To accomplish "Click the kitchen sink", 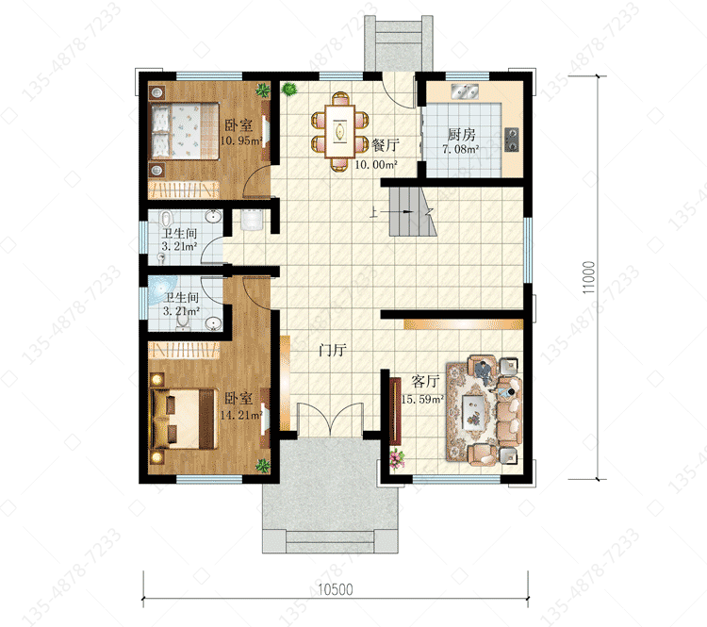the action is pyautogui.click(x=464, y=91).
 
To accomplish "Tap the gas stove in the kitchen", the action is pyautogui.click(x=511, y=140).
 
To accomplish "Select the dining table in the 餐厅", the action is pyautogui.click(x=340, y=131).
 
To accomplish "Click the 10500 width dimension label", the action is pyautogui.click(x=336, y=589).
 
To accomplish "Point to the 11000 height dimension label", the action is pyautogui.click(x=588, y=277).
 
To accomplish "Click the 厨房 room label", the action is pyautogui.click(x=461, y=134).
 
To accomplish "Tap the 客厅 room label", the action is pyautogui.click(x=425, y=382).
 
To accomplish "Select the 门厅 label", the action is pyautogui.click(x=333, y=350).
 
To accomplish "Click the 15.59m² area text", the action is pyautogui.click(x=422, y=399).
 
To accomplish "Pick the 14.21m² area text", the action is pyautogui.click(x=241, y=415).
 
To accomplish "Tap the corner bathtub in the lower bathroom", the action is pyautogui.click(x=159, y=289).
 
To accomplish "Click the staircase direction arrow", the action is pyautogui.click(x=391, y=211).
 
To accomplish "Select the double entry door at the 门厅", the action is pyautogui.click(x=330, y=420).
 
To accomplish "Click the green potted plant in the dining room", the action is pyautogui.click(x=289, y=89).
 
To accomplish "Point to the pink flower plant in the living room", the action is pyautogui.click(x=396, y=458).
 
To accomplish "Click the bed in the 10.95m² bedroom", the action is pyautogui.click(x=185, y=131).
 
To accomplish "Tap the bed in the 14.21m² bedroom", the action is pyautogui.click(x=184, y=419).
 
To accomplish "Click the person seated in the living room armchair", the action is pyautogui.click(x=484, y=371).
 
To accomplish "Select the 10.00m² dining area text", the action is pyautogui.click(x=376, y=165).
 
